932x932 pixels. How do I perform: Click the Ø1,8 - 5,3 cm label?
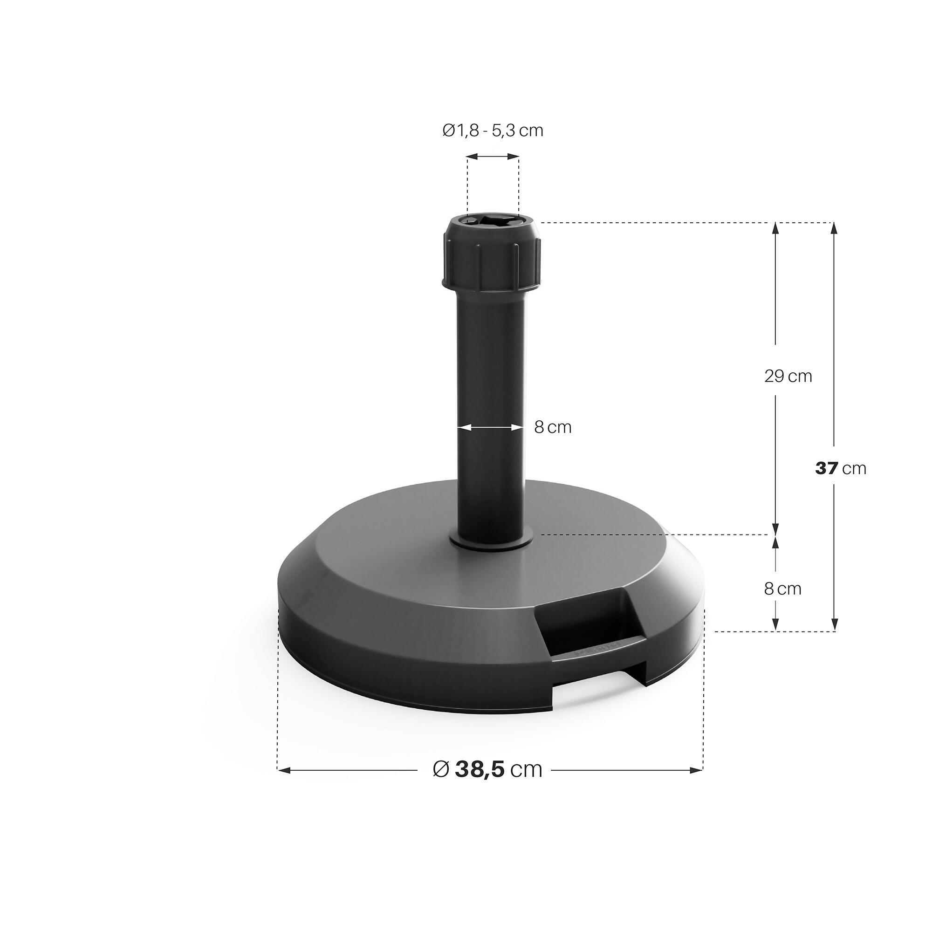pyautogui.click(x=493, y=130)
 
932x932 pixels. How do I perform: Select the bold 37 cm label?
pyautogui.click(x=841, y=468)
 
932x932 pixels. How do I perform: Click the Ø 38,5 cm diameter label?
pyautogui.click(x=488, y=769)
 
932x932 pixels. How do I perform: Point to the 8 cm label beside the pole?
pyautogui.click(x=553, y=427)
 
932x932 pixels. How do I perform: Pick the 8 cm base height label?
pyautogui.click(x=782, y=589)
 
